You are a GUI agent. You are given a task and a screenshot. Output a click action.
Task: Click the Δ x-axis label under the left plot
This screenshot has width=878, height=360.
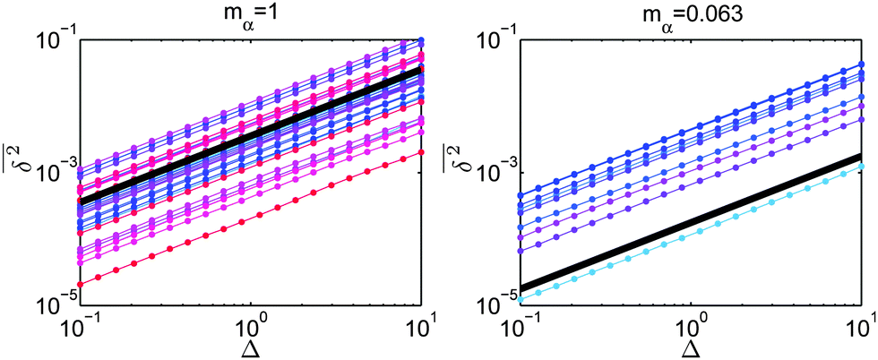pos(251,346)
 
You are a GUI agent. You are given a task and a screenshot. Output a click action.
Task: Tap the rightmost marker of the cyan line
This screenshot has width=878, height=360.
pos(862,167)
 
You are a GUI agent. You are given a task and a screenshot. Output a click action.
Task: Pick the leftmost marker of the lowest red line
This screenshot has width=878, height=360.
pos(81,280)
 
